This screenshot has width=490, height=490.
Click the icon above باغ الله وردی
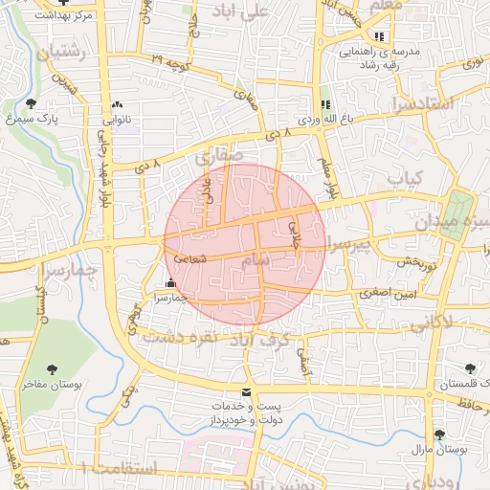323,104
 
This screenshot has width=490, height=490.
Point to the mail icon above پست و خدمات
247,393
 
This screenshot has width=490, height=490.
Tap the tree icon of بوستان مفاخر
52,368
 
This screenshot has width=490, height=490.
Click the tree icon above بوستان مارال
438,434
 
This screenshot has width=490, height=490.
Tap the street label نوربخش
417,261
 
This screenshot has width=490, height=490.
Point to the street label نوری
470,64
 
